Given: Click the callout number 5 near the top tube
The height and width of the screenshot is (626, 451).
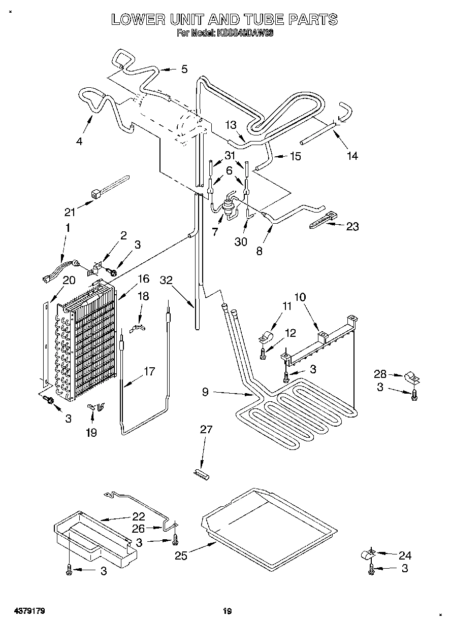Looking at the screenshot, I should coord(184,69).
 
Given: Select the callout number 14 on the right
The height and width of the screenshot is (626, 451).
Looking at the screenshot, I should coord(352,156).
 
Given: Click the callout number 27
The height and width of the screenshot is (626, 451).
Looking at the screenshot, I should coord(206,430).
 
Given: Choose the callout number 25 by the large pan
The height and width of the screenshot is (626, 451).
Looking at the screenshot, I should coord(181,556).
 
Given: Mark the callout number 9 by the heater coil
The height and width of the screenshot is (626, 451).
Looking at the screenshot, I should coord(205,392).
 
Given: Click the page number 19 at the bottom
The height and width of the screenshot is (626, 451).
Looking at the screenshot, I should coord(227,611).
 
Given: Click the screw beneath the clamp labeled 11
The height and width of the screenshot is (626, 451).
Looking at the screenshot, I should coord(263,354).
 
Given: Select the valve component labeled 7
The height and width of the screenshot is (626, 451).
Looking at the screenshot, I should coord(229,207).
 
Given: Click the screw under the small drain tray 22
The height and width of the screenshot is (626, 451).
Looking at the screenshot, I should coord(70,571).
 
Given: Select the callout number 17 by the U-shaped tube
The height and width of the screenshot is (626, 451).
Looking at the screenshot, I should coord(149,371).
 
